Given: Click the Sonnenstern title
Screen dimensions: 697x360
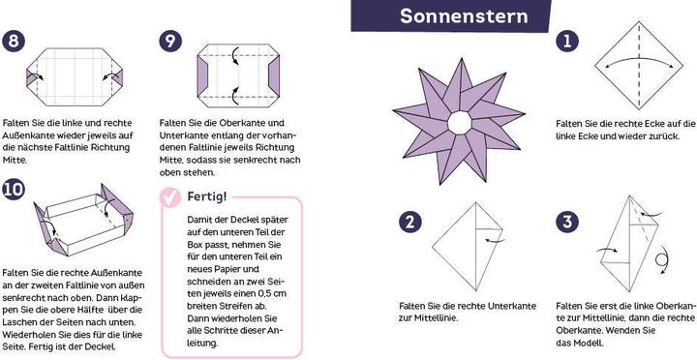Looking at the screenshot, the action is (x=464, y=16).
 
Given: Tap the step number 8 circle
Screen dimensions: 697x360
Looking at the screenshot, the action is (x=13, y=42).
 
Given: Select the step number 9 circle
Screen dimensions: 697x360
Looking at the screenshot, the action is (x=170, y=42).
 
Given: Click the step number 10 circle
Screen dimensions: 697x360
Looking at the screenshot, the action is (x=13, y=190).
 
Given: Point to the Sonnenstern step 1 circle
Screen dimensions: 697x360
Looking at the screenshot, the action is (x=566, y=42).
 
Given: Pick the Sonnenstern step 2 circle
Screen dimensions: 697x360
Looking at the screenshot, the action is (x=409, y=223).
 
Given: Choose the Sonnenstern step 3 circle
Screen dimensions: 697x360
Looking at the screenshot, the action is (x=566, y=223).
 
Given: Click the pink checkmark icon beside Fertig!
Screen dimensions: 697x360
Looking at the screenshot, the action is (x=170, y=197).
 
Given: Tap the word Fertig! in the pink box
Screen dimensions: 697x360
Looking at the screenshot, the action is (x=207, y=196).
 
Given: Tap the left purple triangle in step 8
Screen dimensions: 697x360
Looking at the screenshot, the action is (x=31, y=77).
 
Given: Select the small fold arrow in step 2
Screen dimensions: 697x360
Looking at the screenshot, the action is (x=495, y=240).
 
